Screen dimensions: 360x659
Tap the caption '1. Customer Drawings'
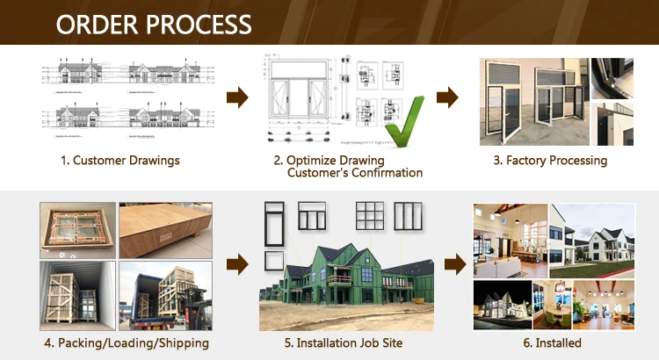pos(119,161)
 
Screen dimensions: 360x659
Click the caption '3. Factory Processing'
pos(549,161)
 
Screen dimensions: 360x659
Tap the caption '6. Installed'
pos(554,342)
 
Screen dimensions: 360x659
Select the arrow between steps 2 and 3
pos(448,97)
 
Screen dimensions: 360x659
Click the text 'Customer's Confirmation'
pos(355,173)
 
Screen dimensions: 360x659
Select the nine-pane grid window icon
pos(369,215)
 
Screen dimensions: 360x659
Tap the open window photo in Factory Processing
pos(533,101)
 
